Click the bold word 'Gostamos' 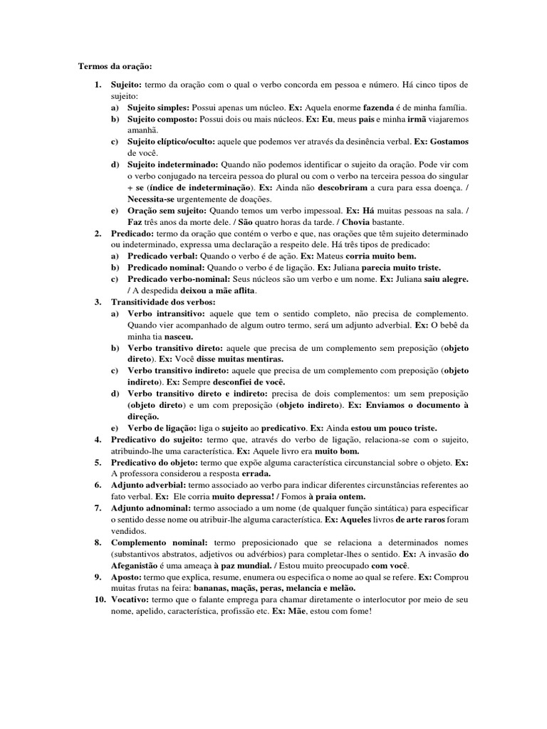444,142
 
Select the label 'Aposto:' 126,577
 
